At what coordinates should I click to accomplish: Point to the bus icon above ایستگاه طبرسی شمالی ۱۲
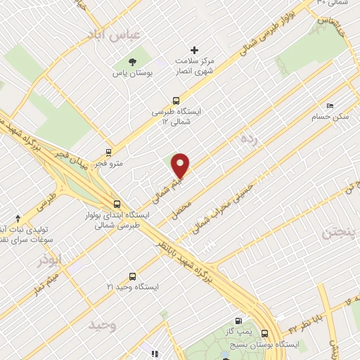pos(176,100)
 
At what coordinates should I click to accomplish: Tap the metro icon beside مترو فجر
pos(108,151)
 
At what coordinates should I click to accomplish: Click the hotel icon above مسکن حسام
pos(330,105)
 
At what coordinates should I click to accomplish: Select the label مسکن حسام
pos(330,117)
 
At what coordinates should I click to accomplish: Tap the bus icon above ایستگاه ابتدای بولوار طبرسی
pos(116,205)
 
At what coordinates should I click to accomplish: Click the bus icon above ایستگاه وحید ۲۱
pos(132,276)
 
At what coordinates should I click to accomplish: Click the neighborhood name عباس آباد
pos(114,34)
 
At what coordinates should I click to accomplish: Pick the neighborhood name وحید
pos(102,325)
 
